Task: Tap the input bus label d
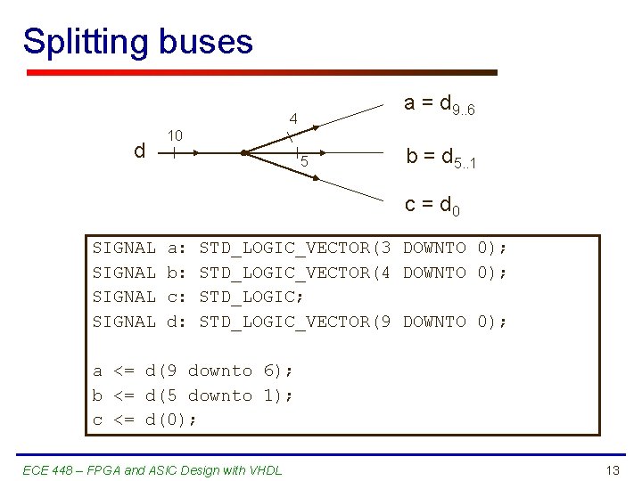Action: (139, 151)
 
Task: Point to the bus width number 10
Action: (176, 135)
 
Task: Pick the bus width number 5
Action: (304, 162)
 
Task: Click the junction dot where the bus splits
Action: (243, 153)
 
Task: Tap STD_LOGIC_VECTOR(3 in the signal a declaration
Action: (295, 248)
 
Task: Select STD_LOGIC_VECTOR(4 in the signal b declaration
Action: (295, 272)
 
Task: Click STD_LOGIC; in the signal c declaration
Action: (252, 297)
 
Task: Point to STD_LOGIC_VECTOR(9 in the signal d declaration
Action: (295, 321)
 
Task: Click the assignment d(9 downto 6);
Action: (219, 371)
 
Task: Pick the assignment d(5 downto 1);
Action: (219, 395)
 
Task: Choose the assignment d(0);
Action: (171, 420)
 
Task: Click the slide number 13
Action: (612, 470)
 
